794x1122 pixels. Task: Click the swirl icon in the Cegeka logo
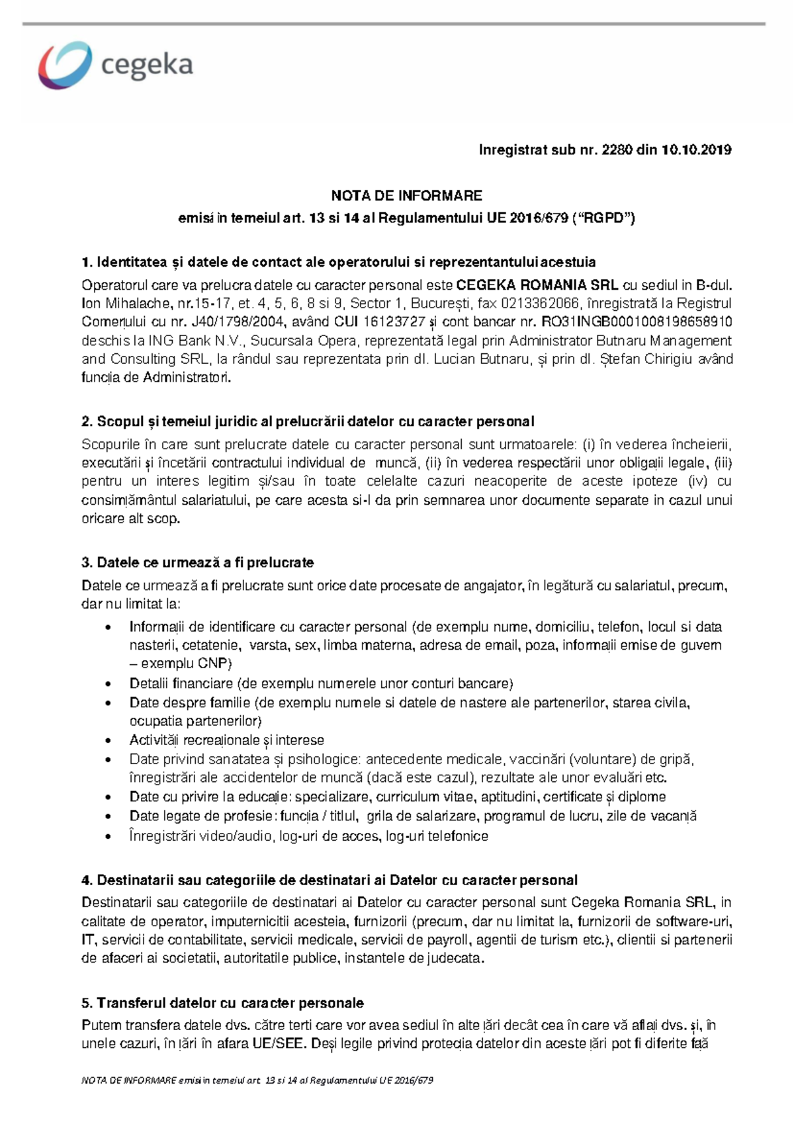pyautogui.click(x=64, y=65)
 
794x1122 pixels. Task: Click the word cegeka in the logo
pyautogui.click(x=147, y=65)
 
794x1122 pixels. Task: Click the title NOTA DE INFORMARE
pyautogui.click(x=406, y=196)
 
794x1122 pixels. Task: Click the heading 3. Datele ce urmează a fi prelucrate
pyautogui.click(x=197, y=563)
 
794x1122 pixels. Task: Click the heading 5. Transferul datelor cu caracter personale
pyautogui.click(x=222, y=1003)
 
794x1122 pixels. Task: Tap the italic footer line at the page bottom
pyautogui.click(x=257, y=1080)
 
